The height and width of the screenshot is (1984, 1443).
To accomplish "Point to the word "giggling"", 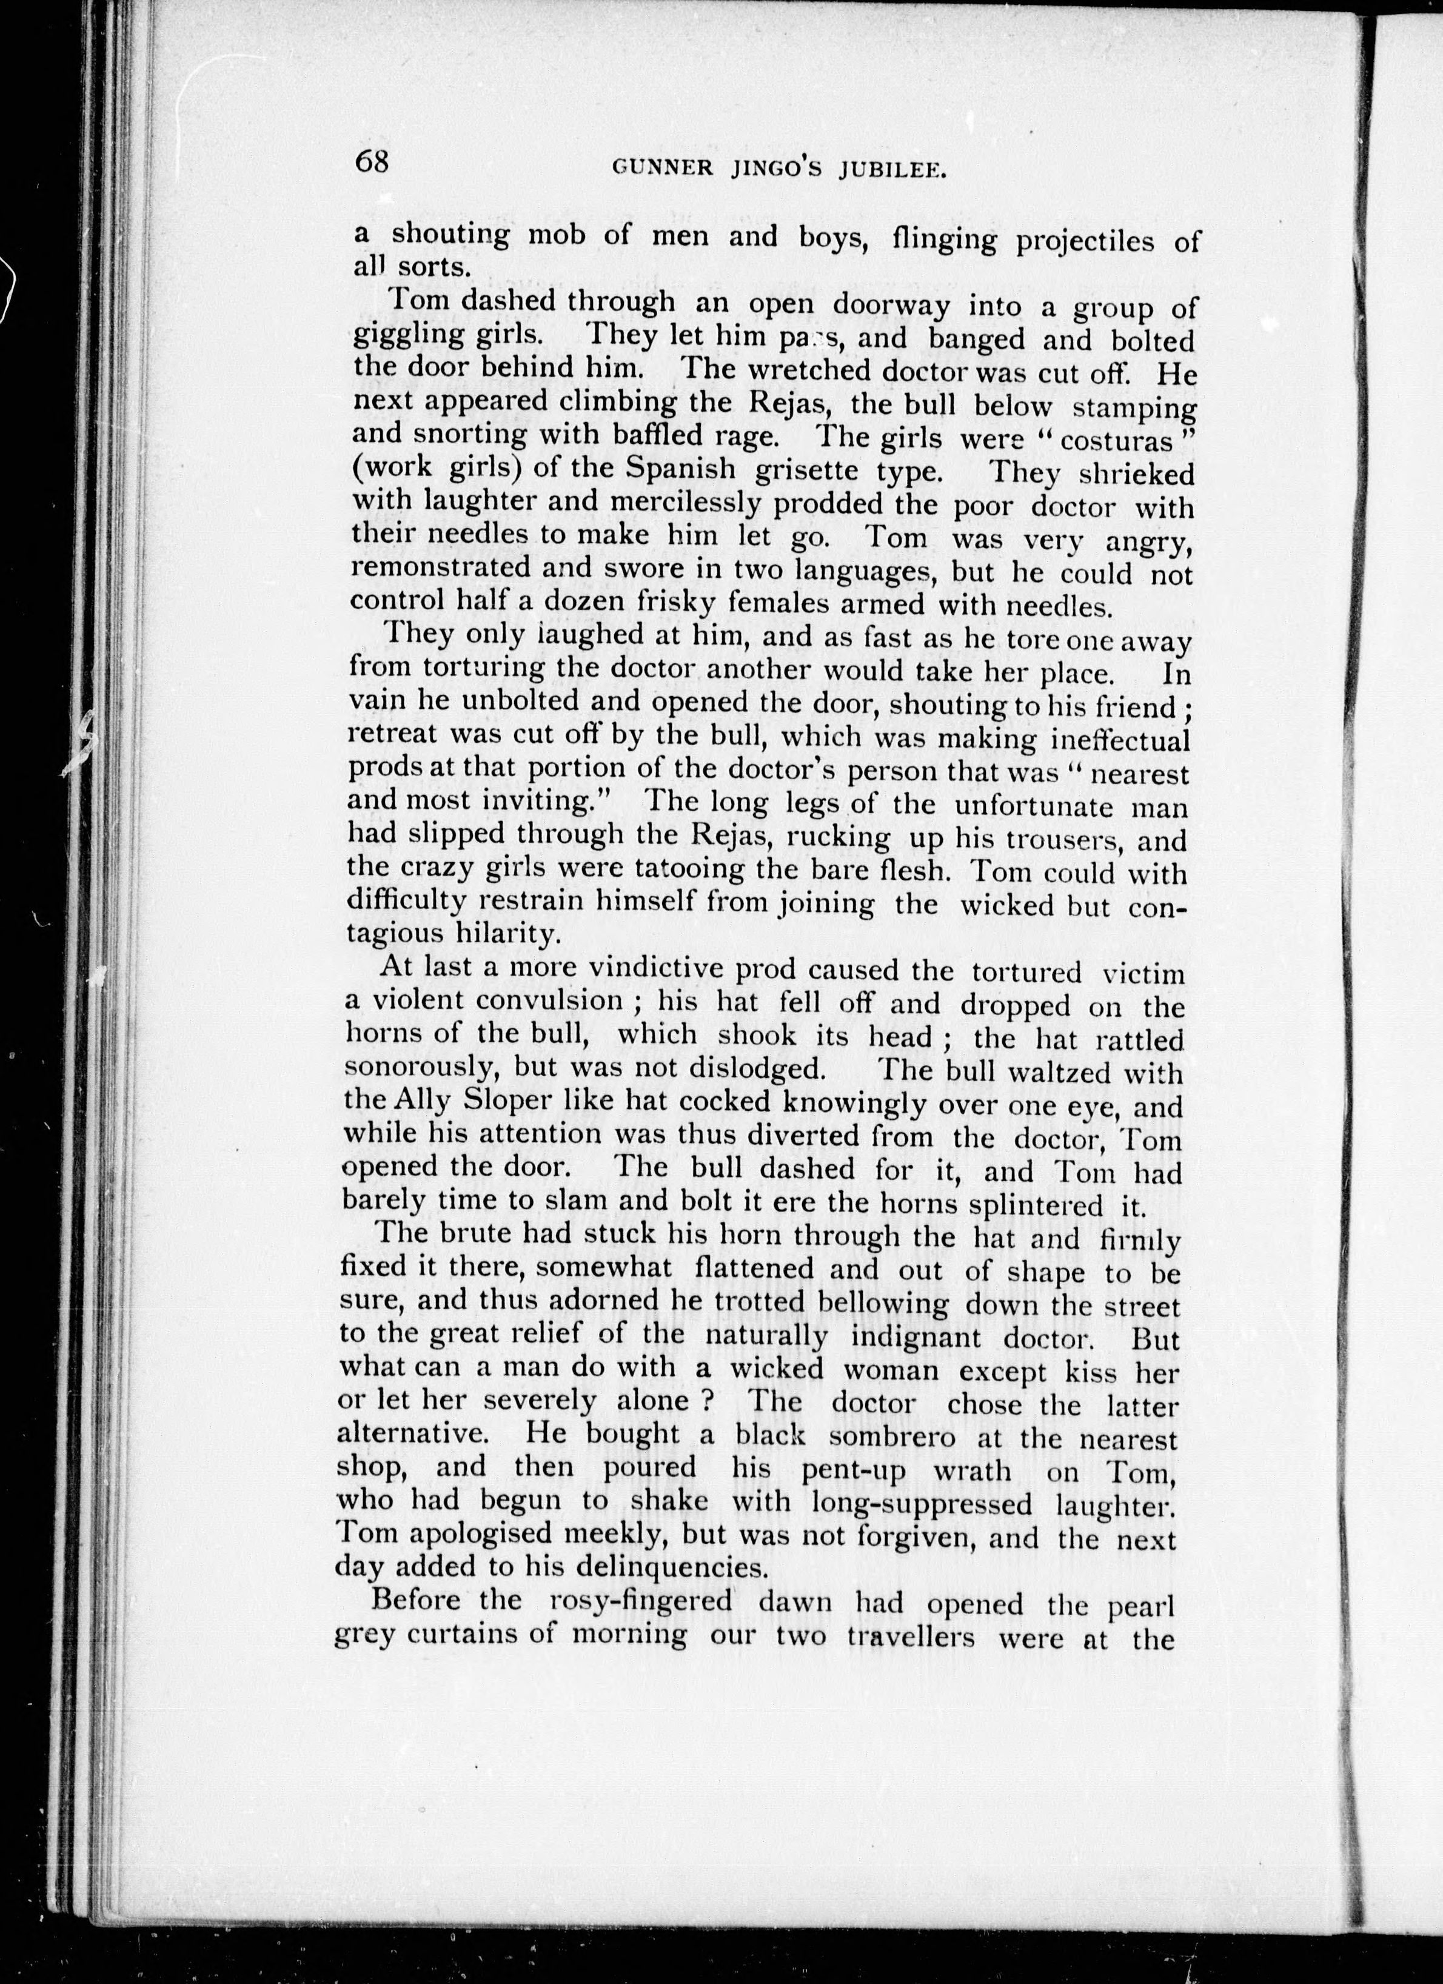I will [406, 336].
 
